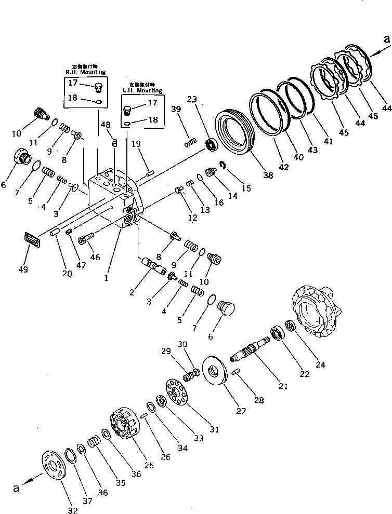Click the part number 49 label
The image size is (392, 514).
[23, 269]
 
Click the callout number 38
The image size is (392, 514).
[267, 175]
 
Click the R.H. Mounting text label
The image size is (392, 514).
[85, 72]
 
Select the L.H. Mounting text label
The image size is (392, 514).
[142, 90]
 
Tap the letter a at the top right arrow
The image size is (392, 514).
[385, 39]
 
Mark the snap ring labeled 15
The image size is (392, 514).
[222, 166]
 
